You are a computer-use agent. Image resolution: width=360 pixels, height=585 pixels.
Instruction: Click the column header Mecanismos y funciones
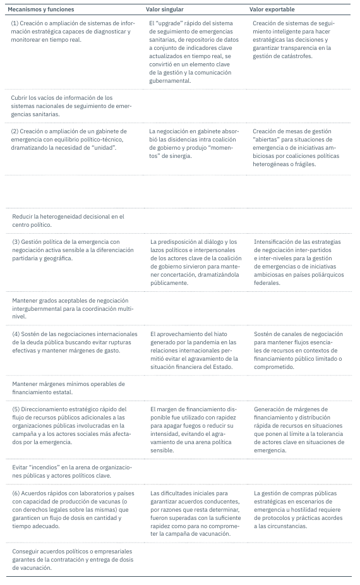click(x=40, y=10)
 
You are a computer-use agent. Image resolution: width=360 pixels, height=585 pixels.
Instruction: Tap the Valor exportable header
click(x=272, y=10)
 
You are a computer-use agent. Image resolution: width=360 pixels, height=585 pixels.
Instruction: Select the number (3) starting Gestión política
click(x=16, y=241)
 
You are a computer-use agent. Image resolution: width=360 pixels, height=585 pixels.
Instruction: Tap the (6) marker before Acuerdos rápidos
click(x=16, y=493)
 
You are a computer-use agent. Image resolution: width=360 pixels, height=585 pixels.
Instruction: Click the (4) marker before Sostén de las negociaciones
click(x=16, y=334)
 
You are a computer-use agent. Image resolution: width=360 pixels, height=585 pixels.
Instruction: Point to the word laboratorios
click(x=86, y=493)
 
